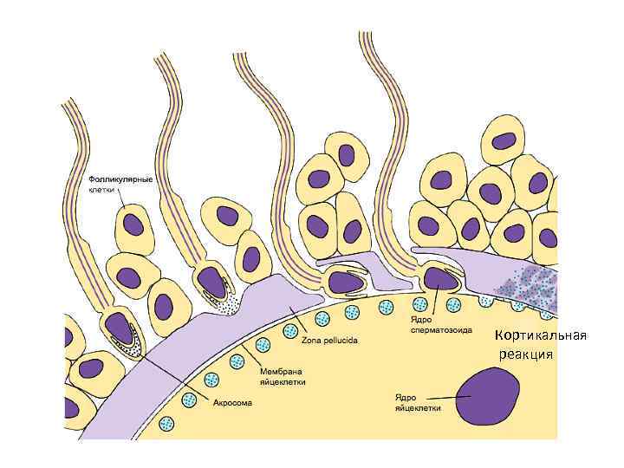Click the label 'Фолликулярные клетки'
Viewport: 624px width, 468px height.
[120, 184]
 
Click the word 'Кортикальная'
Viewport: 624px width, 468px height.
[541, 336]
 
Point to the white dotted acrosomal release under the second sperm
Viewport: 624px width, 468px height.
[228, 304]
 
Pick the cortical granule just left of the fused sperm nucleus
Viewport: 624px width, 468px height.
[419, 303]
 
